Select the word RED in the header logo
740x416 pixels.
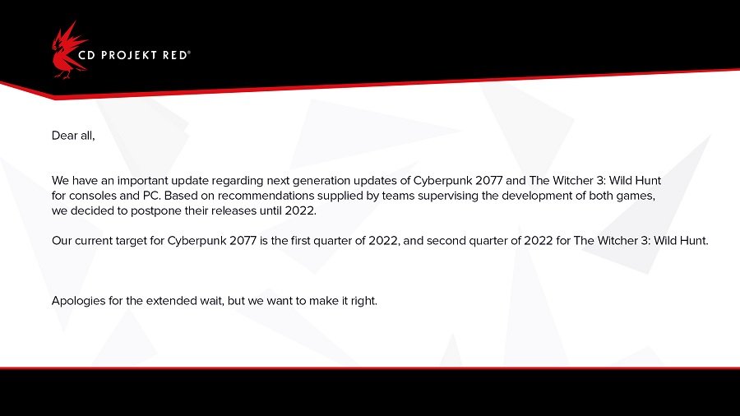click(x=175, y=55)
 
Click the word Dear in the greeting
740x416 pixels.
click(x=64, y=136)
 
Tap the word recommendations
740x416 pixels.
click(x=266, y=196)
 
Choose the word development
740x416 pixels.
click(x=536, y=196)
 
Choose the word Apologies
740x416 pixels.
click(x=78, y=302)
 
